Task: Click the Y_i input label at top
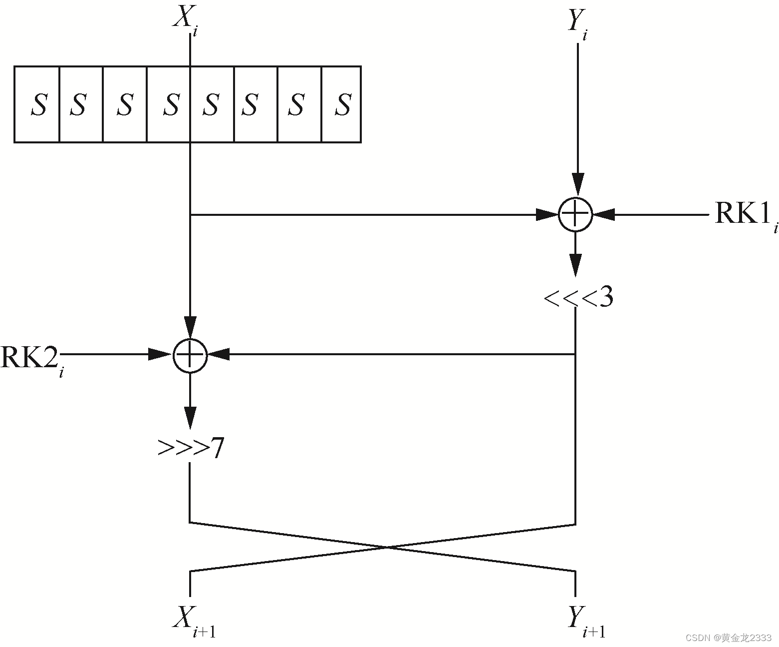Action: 577,23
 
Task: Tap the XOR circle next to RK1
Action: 575,215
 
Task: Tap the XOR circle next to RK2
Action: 190,355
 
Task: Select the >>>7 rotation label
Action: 191,448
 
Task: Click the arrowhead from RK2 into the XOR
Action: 161,355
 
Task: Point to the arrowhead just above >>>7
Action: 190,417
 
